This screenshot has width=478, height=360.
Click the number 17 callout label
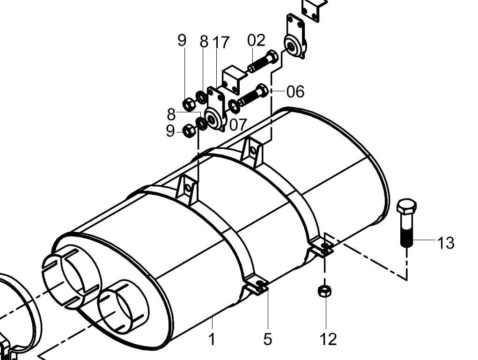(x=221, y=42)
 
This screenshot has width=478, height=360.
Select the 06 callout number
(x=295, y=91)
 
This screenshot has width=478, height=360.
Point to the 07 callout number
(x=237, y=125)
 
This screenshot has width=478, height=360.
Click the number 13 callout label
(x=446, y=243)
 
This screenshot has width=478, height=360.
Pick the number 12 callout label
(x=328, y=339)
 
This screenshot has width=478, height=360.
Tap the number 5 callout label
(x=267, y=339)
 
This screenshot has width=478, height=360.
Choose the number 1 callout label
(x=212, y=339)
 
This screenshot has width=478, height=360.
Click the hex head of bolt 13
(x=407, y=206)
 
